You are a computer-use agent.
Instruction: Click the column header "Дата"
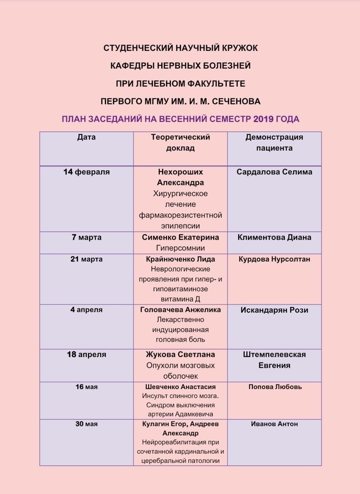[86, 137]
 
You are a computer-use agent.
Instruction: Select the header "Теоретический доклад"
[180, 142]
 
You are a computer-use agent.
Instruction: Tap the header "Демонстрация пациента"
[274, 142]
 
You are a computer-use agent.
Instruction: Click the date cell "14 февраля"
[86, 172]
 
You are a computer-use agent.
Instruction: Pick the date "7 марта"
[86, 237]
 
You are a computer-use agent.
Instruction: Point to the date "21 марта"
[86, 259]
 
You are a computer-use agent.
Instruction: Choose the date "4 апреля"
[86, 310]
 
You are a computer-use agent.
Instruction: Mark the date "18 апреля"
[86, 354]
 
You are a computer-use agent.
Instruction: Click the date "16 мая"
[86, 387]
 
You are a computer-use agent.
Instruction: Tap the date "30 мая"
[86, 424]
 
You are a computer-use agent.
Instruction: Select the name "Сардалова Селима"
[274, 172]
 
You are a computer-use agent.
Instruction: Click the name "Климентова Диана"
[274, 237]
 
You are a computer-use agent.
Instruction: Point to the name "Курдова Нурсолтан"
[274, 259]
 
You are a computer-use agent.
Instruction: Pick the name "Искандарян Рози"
[274, 310]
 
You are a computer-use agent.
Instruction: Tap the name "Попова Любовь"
[274, 387]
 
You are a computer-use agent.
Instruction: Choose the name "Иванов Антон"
[274, 424]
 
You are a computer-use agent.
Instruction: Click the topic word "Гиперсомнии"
[180, 248]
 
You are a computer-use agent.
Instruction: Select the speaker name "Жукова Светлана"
[180, 354]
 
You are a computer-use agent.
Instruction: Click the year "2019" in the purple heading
[264, 119]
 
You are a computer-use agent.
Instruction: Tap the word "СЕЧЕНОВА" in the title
[236, 102]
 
